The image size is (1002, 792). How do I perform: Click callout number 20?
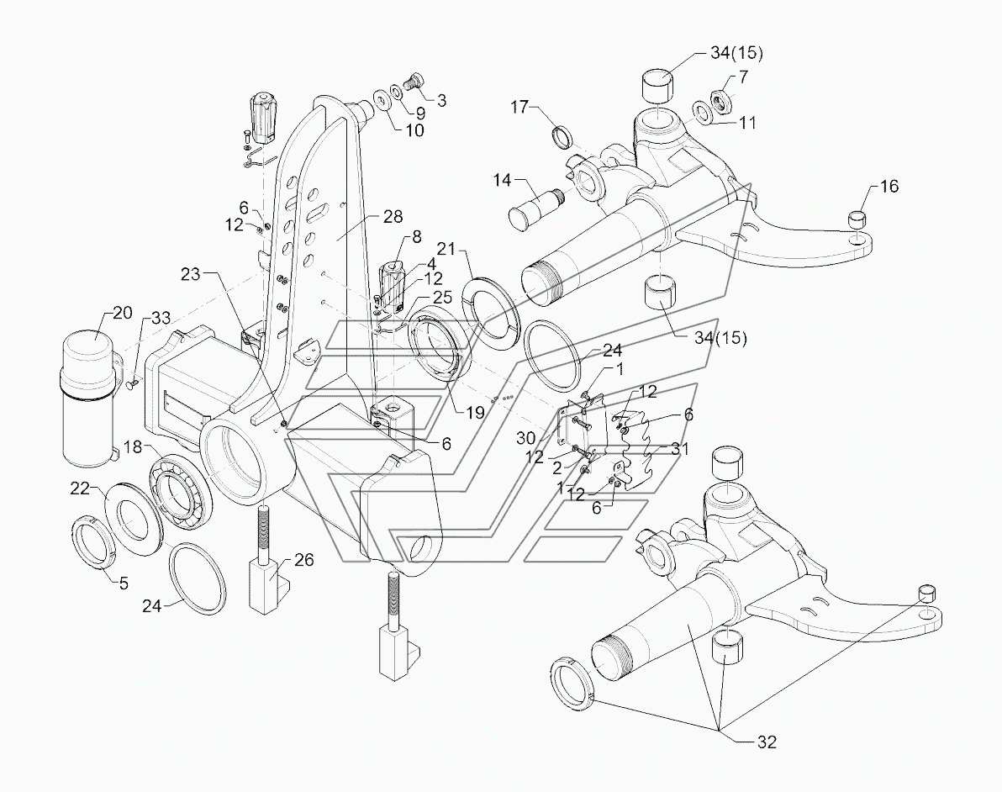(122, 313)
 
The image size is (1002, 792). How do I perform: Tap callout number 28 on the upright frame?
(393, 217)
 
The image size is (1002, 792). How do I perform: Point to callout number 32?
(766, 742)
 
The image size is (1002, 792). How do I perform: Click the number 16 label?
(889, 186)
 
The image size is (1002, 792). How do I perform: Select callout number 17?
(519, 107)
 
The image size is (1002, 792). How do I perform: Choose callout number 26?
(304, 560)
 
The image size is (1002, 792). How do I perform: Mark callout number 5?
(124, 583)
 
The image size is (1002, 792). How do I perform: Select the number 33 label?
(161, 319)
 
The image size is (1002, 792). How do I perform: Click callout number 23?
(191, 274)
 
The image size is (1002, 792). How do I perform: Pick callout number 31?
(679, 449)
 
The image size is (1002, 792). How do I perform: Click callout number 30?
(526, 438)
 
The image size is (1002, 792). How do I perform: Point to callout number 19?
(475, 413)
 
